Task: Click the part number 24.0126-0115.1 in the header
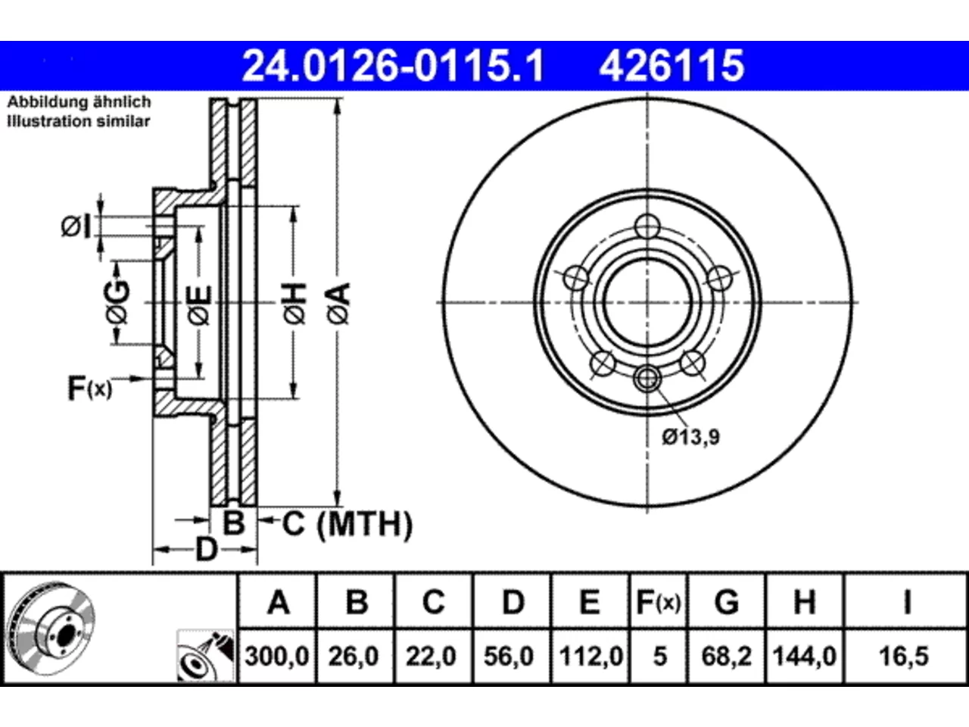[393, 66]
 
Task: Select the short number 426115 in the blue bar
[671, 66]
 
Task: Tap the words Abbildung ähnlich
[79, 102]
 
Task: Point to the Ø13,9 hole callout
[690, 437]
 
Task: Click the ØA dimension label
[338, 304]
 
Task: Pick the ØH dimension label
[294, 304]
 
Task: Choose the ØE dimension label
[199, 305]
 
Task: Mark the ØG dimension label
[117, 302]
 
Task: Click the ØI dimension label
[76, 227]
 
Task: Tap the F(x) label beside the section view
[90, 388]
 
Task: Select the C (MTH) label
[347, 524]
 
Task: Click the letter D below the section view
[206, 550]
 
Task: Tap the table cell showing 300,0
[277, 657]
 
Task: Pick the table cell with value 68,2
[726, 657]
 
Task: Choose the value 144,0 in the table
[804, 657]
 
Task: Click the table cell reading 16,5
[904, 657]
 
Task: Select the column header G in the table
[727, 602]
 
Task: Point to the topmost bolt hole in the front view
[647, 226]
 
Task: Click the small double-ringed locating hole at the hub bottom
[647, 379]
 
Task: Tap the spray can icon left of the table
[205, 656]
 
